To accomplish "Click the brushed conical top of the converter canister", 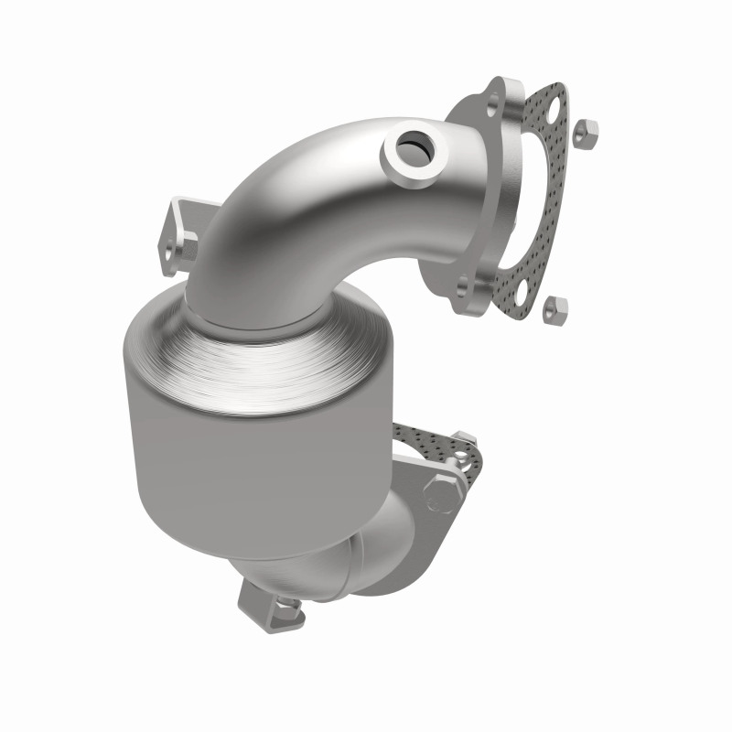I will (247, 352).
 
